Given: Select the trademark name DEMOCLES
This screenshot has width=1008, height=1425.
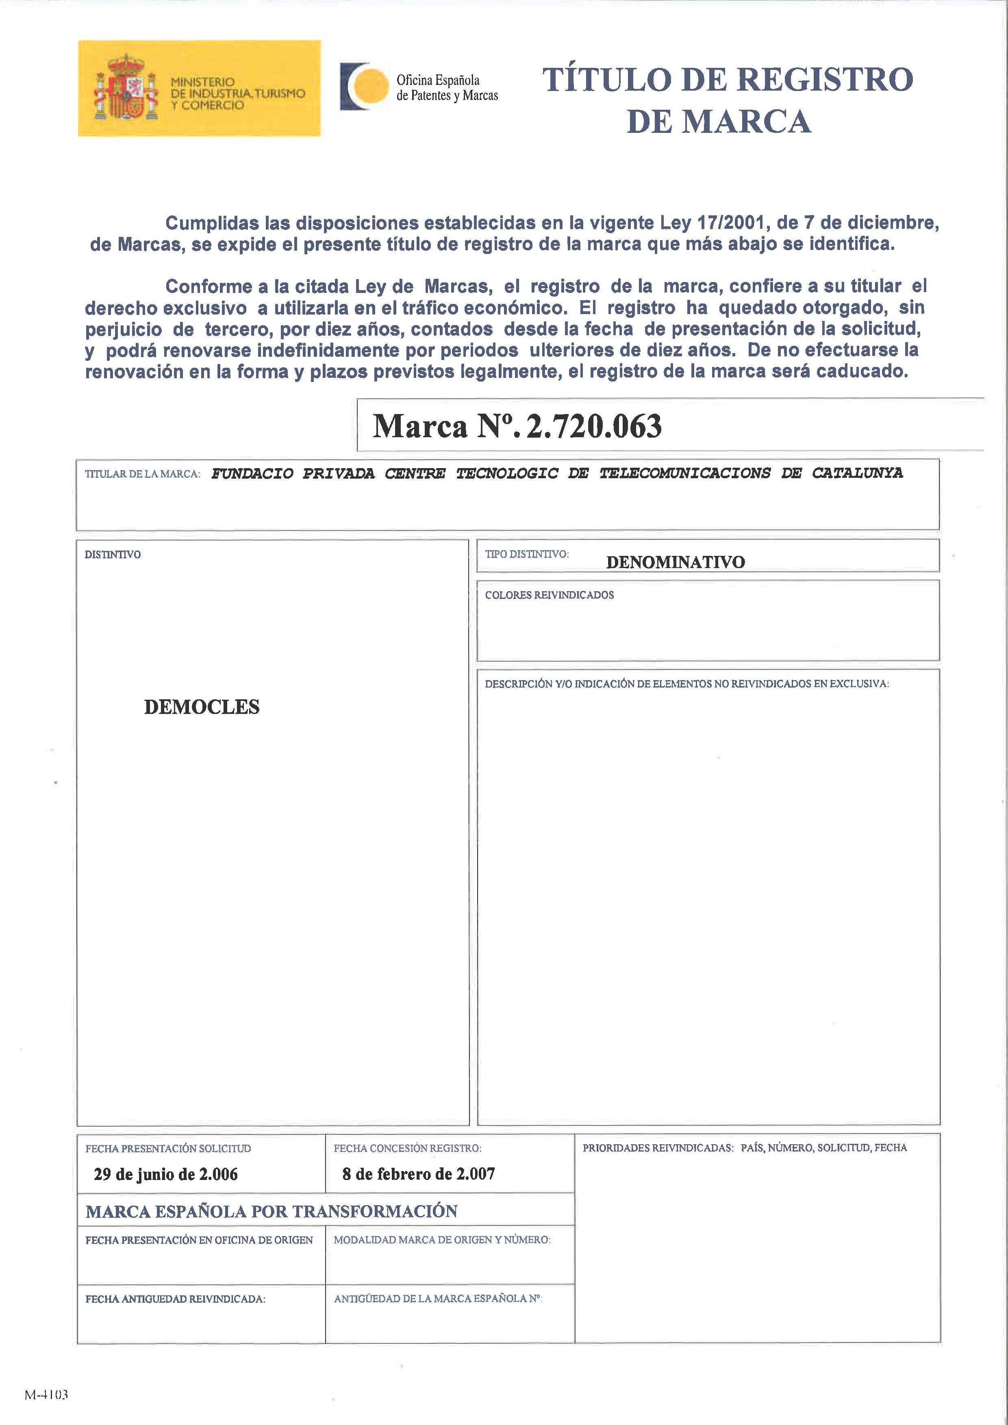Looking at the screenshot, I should [202, 707].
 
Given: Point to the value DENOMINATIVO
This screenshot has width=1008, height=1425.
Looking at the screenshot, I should [675, 562].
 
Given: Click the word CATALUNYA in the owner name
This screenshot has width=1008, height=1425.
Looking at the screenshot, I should [857, 473].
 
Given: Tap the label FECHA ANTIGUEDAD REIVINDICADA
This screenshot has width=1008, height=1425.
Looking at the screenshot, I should [175, 1299].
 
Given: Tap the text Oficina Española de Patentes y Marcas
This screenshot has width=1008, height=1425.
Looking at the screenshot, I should [447, 87].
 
